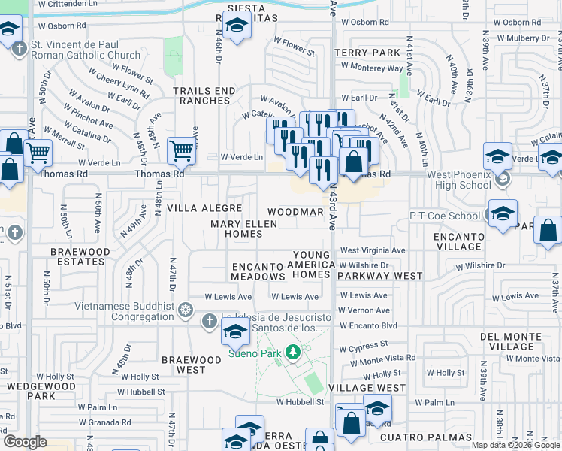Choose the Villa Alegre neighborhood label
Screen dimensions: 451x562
point(204,208)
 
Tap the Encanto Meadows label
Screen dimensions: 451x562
point(257,271)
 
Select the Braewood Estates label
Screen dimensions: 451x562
point(80,256)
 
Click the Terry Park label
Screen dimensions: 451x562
point(368,53)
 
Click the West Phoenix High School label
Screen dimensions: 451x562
point(459,180)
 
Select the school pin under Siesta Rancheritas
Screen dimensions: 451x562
point(237,28)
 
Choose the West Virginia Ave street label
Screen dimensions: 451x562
point(373,250)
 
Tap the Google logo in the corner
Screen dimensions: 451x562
point(26,442)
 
